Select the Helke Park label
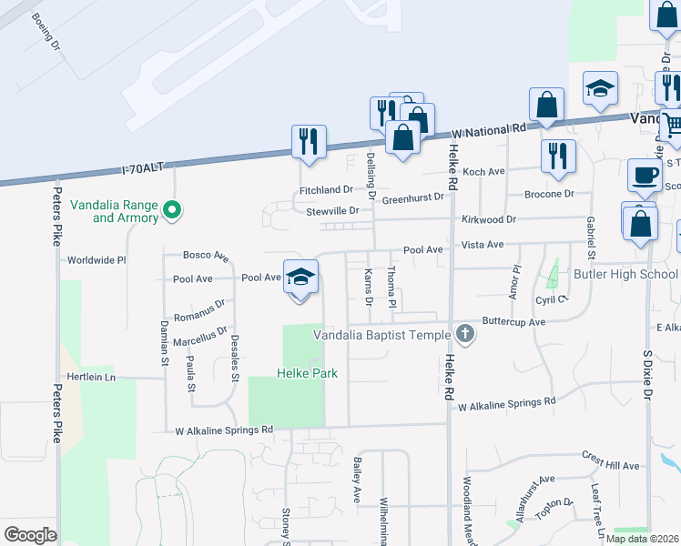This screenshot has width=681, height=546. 308,373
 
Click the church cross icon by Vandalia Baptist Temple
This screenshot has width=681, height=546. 465,333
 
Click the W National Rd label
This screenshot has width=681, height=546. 488,131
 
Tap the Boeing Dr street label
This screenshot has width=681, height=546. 45,32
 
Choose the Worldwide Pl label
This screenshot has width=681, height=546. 97,260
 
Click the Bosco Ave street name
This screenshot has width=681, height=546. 206,257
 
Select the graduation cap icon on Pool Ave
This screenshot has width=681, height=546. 300,275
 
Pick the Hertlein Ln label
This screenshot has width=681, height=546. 91,376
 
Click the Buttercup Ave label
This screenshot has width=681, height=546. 513,322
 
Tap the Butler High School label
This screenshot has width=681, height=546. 624,274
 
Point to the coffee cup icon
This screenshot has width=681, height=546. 645,173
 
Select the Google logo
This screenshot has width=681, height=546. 30,535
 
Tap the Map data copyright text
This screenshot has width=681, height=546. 643,539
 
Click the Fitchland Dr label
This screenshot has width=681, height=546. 326,190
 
